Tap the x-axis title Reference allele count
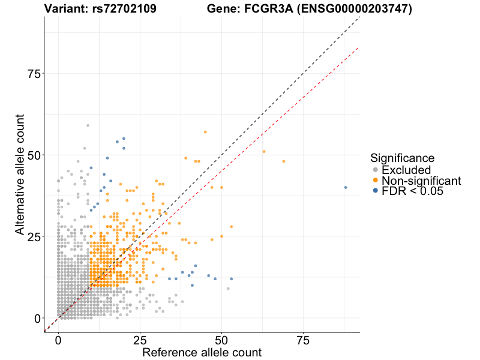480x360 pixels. click(202, 352)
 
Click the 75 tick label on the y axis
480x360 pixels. click(35, 73)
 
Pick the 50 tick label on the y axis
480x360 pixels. click(35, 155)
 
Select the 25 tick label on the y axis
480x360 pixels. click(35, 236)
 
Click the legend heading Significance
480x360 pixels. click(403, 158)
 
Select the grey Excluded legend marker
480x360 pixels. click(376, 170)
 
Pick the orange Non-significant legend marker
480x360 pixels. click(376, 181)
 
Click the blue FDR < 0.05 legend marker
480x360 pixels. click(376, 191)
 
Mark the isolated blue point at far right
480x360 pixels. click(346, 187)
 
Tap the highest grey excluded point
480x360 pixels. click(88, 125)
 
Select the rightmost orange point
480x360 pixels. click(284, 161)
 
